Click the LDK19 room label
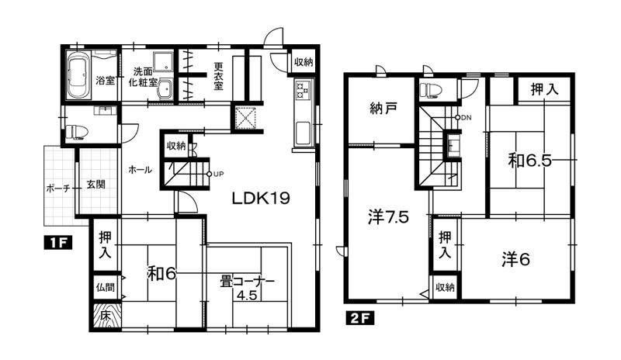point(261,199)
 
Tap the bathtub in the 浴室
point(78,75)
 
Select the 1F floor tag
point(57,243)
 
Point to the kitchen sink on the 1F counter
point(304,133)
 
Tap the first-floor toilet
point(76,131)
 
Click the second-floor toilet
point(431,88)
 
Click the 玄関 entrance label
point(95,184)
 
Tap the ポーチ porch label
point(57,189)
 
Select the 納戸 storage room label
point(383,108)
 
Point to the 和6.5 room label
point(530,161)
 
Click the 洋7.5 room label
point(388,216)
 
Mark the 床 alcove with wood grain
point(106,316)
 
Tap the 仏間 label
point(106,286)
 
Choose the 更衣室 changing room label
point(218,76)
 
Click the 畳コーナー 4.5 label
point(248,288)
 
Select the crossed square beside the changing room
point(245,118)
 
